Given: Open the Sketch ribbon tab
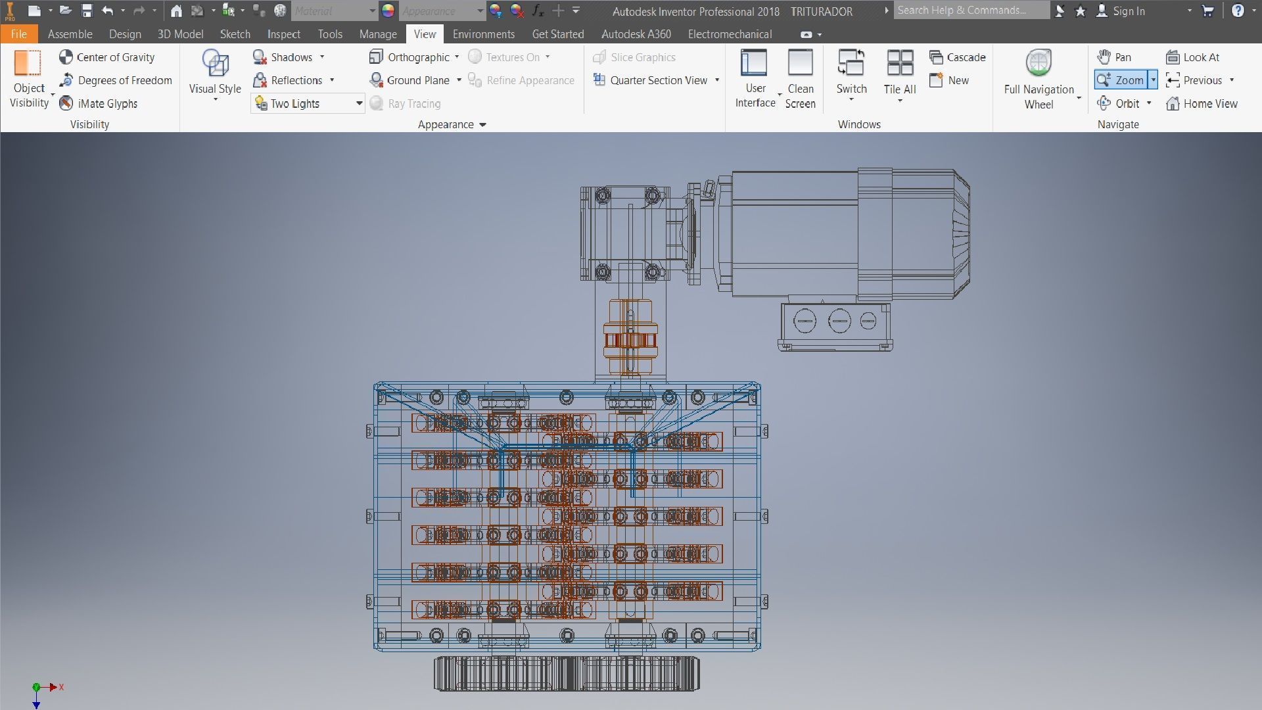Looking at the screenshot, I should pyautogui.click(x=235, y=34).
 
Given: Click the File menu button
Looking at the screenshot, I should pyautogui.click(x=18, y=34).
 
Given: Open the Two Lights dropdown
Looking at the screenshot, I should pyautogui.click(x=359, y=103).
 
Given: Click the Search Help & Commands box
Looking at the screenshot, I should pyautogui.click(x=970, y=11).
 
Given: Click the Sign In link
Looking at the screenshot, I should pyautogui.click(x=1128, y=11).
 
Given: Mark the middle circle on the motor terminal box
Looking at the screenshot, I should pyautogui.click(x=839, y=321).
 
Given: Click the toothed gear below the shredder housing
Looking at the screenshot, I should pyautogui.click(x=567, y=673).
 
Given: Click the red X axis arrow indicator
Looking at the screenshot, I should pyautogui.click(x=54, y=687).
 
